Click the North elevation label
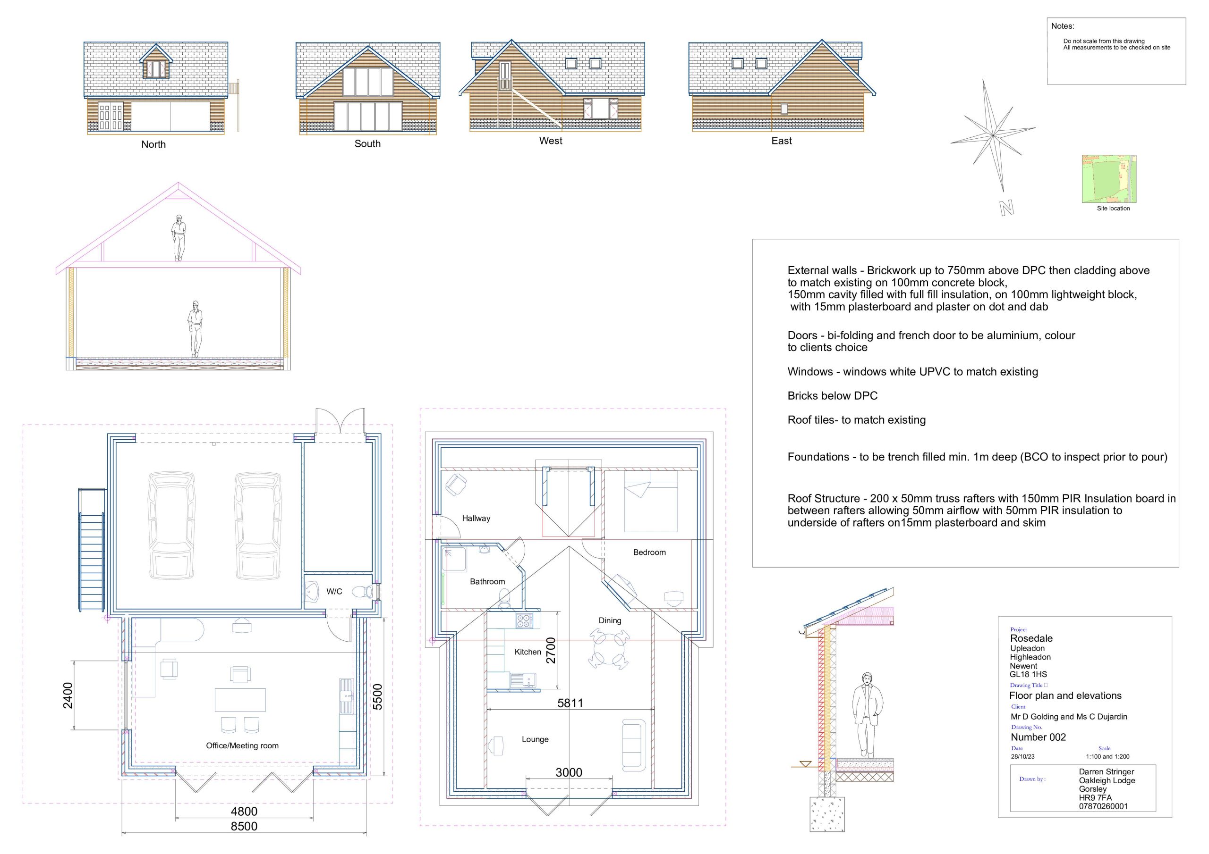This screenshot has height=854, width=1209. pos(153,144)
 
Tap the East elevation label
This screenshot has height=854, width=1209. pos(782,141)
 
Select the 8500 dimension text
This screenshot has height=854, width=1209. pos(244,826)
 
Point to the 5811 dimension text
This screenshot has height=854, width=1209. pos(570,703)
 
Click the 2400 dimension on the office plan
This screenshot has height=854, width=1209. pos(68,695)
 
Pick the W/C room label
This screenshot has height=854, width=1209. pos(334,592)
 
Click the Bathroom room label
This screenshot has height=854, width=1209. pos(487,581)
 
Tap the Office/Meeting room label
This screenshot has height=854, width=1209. pos(242,745)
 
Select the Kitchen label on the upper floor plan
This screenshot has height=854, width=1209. pos(528,652)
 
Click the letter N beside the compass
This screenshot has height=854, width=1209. pos(1006,209)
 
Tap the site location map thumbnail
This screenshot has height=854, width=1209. pos(1109,179)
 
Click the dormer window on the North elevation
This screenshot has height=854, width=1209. pos(156,63)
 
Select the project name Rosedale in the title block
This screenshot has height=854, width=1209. pos(1031,638)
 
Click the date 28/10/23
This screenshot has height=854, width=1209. pos(1022,757)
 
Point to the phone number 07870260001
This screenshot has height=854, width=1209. pos(1103,806)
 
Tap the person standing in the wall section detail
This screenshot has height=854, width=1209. pos(867,714)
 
